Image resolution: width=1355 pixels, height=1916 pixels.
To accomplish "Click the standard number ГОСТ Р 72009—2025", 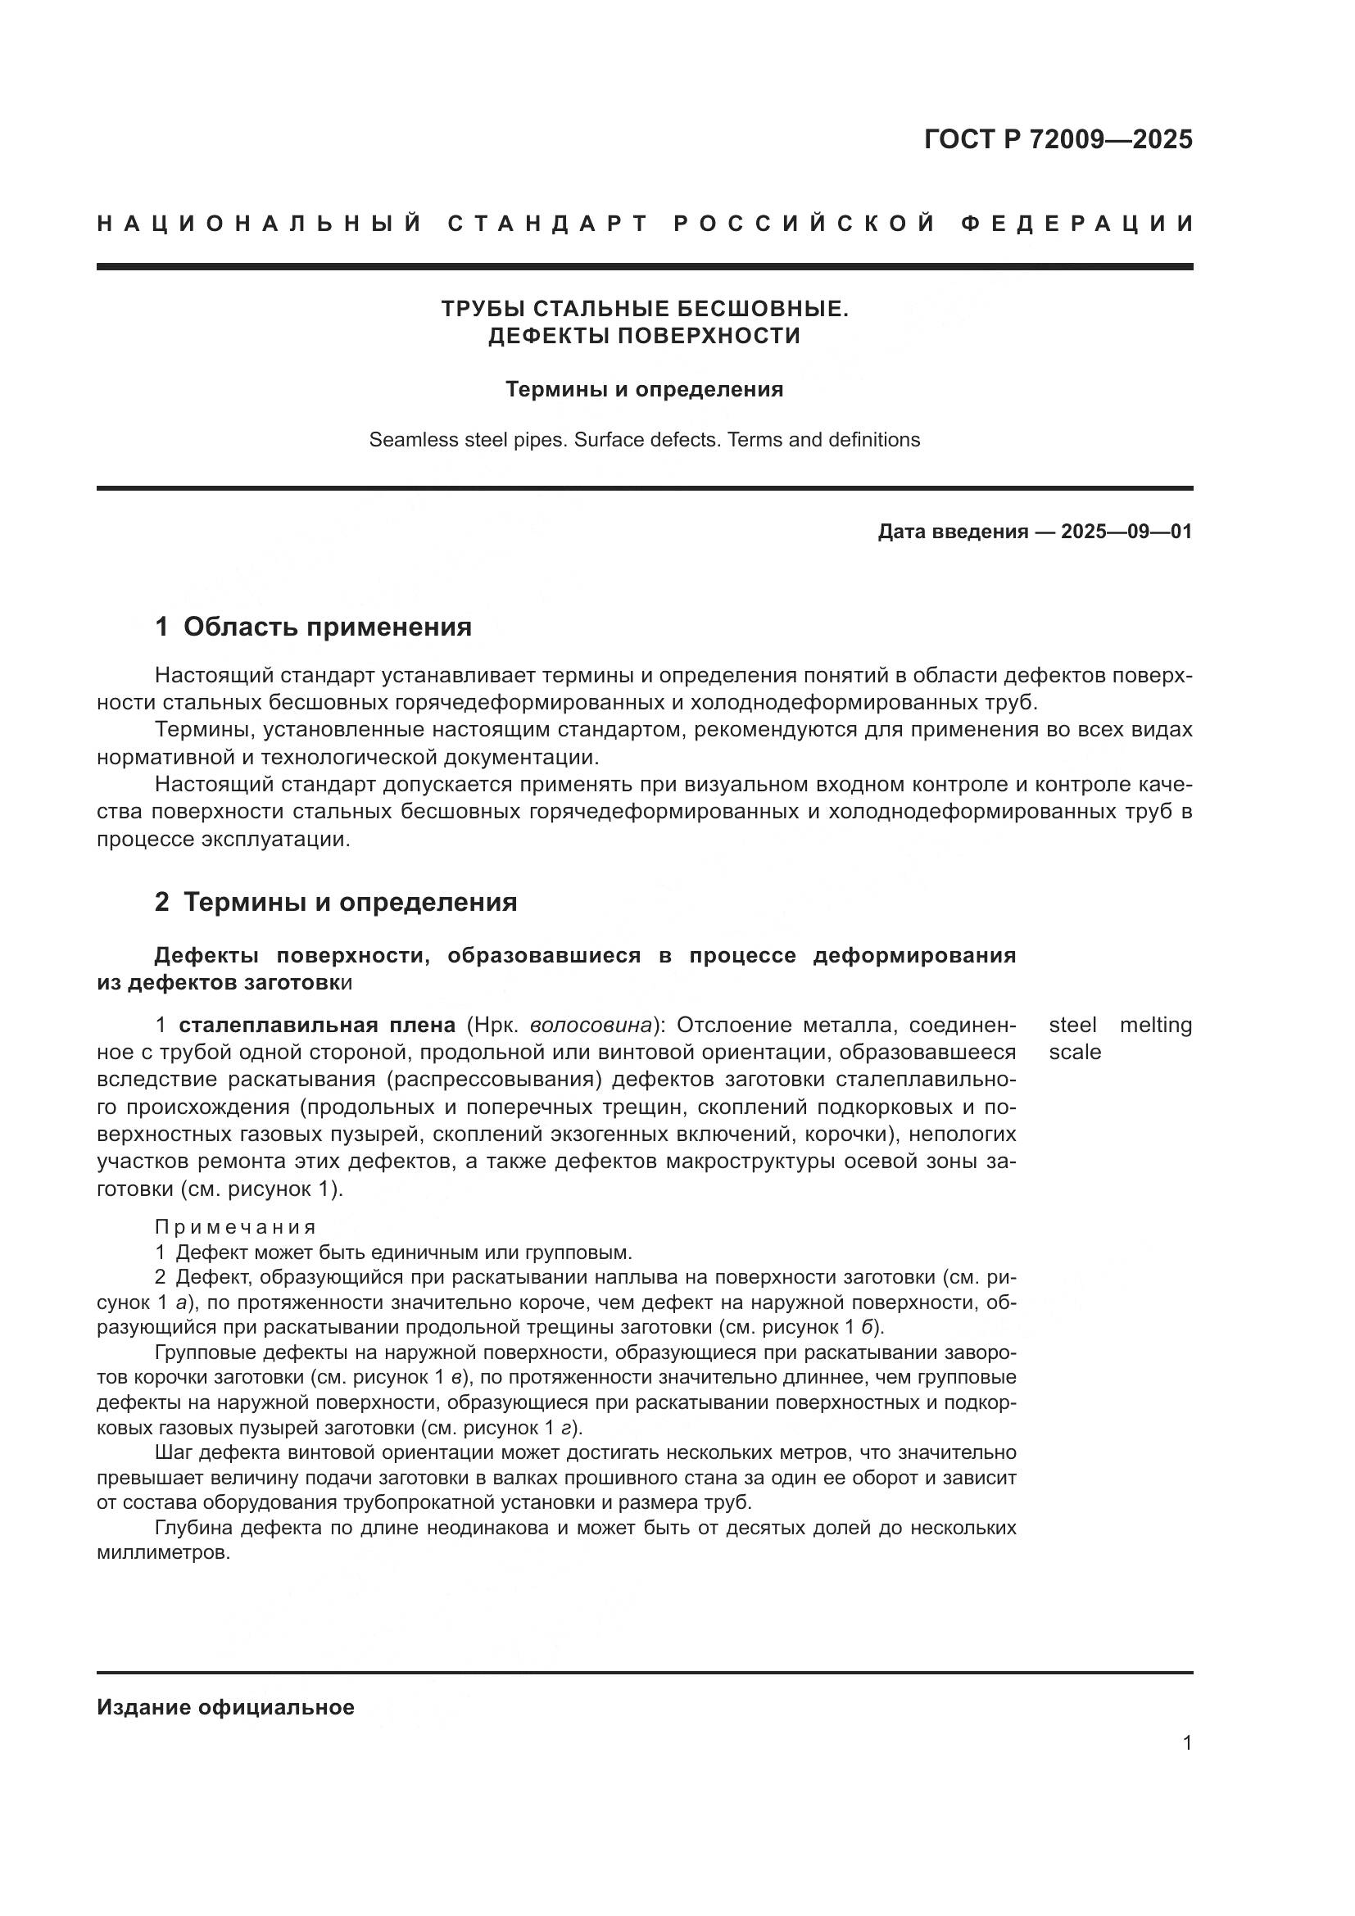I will (x=1058, y=139).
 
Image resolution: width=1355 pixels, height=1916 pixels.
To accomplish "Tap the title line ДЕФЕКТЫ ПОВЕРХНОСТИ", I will (x=644, y=336).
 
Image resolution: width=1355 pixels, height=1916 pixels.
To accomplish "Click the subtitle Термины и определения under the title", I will (x=644, y=390).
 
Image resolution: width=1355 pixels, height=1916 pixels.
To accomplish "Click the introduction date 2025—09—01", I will (x=1126, y=532).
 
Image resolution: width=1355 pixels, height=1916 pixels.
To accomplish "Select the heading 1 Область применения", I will (x=313, y=627).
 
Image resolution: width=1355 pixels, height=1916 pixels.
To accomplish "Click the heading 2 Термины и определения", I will (x=335, y=902).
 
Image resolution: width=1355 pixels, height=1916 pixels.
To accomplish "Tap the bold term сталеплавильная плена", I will (x=317, y=1025).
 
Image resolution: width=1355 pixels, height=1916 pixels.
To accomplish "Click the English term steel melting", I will (x=1120, y=1025).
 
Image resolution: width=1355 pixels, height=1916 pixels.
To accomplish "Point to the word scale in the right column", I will (x=1075, y=1053).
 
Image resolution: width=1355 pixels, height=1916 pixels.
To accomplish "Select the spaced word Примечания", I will (x=235, y=1227).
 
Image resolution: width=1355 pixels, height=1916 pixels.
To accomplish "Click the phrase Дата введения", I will (x=952, y=532).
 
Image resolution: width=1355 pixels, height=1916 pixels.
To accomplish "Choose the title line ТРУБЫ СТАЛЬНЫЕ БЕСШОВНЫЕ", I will (x=644, y=309).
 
